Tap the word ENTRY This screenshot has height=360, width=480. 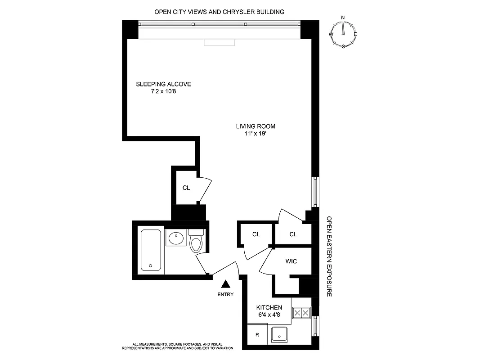(x=225, y=295)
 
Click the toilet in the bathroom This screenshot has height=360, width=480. (x=196, y=242)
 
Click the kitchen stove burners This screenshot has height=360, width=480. (x=301, y=312)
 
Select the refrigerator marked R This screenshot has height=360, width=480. (x=257, y=335)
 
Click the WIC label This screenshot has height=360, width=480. (x=291, y=261)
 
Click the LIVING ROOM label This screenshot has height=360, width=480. (x=256, y=126)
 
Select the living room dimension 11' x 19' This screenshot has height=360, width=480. (x=256, y=134)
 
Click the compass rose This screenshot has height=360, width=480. (x=343, y=32)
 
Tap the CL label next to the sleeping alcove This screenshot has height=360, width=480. (x=186, y=188)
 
